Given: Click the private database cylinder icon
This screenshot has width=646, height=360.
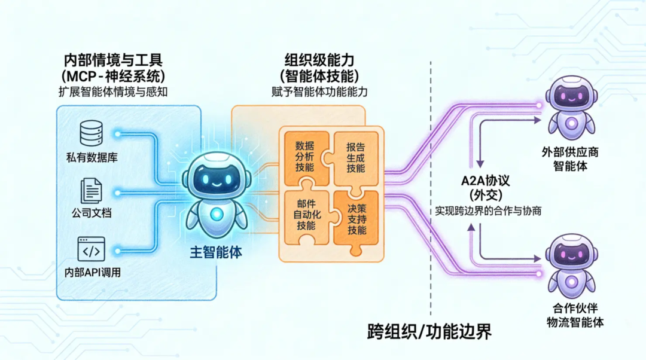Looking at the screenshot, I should (92, 133).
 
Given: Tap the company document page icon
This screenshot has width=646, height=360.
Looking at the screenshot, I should (92, 192).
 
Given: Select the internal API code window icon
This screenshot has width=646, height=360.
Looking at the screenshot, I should (92, 249).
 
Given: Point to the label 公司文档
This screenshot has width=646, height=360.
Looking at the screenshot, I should (92, 213).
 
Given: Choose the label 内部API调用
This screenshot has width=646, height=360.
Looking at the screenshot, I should (92, 273).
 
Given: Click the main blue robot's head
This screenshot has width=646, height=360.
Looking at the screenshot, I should (217, 174).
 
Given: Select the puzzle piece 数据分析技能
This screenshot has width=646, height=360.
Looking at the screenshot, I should (304, 157).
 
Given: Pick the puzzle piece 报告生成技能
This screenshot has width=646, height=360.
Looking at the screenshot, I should (356, 157).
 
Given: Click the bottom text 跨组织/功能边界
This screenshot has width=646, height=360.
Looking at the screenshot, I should (429, 332).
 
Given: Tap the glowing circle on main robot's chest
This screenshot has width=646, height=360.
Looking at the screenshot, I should (217, 213).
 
